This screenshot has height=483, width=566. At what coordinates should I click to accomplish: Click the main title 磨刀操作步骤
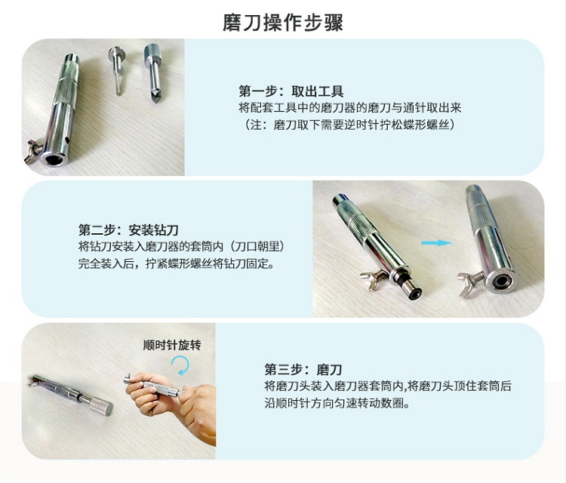click(x=283, y=23)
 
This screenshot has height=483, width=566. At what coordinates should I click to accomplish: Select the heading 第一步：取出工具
click(x=291, y=91)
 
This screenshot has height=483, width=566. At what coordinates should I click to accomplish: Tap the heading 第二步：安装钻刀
click(x=128, y=230)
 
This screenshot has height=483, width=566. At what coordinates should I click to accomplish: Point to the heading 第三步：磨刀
click(x=303, y=370)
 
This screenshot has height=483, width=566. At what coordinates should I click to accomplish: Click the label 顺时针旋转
click(x=172, y=345)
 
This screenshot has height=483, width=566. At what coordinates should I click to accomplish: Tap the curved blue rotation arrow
click(x=180, y=365)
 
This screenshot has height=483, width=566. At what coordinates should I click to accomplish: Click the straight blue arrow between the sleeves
click(x=436, y=243)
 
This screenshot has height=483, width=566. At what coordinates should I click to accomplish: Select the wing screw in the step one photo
click(x=33, y=151)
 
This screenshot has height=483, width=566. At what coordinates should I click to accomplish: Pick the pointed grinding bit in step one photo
click(x=153, y=73)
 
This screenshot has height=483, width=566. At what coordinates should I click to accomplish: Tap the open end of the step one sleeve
click(x=55, y=158)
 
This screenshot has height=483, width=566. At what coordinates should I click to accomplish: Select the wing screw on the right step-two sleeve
click(x=470, y=281)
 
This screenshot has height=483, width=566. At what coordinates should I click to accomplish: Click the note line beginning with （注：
click(x=349, y=125)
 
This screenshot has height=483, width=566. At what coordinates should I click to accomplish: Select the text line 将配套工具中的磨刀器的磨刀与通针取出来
click(x=349, y=108)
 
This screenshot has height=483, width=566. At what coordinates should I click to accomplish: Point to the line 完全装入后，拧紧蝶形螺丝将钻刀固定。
click(x=177, y=264)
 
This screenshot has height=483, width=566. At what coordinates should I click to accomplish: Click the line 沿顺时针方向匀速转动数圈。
click(x=337, y=403)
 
